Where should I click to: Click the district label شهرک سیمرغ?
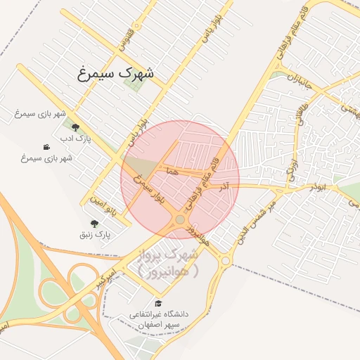(x=117, y=72)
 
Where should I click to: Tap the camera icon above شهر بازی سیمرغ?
(x=46, y=147)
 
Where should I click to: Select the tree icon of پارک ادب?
(x=75, y=128)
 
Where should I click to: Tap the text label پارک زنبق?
(x=96, y=233)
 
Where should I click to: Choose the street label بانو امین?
(x=101, y=200)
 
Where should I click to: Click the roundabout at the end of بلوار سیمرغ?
(x=180, y=219)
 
